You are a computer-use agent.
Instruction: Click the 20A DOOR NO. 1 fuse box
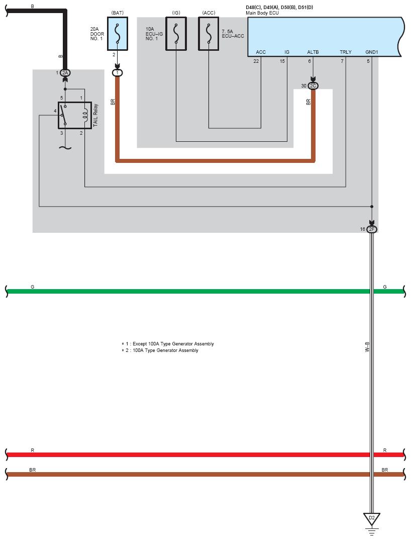(x=118, y=34)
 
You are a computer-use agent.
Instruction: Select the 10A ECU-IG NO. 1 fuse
(x=176, y=34)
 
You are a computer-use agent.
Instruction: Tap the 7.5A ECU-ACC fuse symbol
(x=209, y=34)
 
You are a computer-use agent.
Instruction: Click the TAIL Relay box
(x=75, y=115)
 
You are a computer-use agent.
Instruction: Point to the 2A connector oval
(x=65, y=73)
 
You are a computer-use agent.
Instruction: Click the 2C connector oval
(x=313, y=86)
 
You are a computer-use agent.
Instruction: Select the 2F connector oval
(x=372, y=229)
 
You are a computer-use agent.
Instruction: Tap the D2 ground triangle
(x=372, y=518)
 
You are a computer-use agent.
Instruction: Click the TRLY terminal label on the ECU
(x=346, y=52)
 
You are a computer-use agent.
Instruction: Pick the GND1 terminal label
(x=372, y=52)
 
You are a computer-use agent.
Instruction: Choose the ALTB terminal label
(x=313, y=52)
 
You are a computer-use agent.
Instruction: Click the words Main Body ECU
(x=262, y=13)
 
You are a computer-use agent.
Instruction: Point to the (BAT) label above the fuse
(x=118, y=13)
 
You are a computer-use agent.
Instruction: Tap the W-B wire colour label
(x=367, y=347)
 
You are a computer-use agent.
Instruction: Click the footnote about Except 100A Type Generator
(x=168, y=344)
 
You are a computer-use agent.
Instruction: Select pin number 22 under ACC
(x=256, y=61)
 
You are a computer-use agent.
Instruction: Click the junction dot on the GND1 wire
(x=372, y=207)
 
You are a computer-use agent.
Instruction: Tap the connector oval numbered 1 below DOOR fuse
(x=118, y=73)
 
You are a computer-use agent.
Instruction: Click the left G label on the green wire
(x=32, y=287)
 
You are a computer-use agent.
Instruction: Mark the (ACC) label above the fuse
(x=209, y=13)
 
